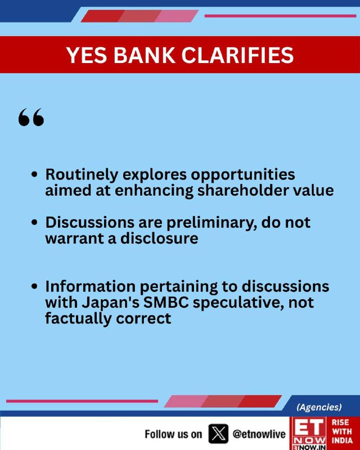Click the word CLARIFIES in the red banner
click(x=237, y=55)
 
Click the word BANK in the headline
click(x=145, y=55)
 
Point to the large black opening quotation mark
click(x=31, y=117)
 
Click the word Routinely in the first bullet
click(x=82, y=175)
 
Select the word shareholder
click(x=246, y=190)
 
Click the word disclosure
click(x=159, y=238)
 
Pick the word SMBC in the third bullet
click(x=165, y=303)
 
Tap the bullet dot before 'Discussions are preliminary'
click(x=34, y=222)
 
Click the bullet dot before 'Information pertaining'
click(x=34, y=286)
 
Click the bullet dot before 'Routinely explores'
click(x=34, y=174)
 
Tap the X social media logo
click(x=218, y=434)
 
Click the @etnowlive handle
click(x=259, y=434)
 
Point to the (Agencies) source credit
click(x=319, y=407)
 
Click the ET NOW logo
click(x=309, y=433)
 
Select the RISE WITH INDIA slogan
click(x=342, y=431)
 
